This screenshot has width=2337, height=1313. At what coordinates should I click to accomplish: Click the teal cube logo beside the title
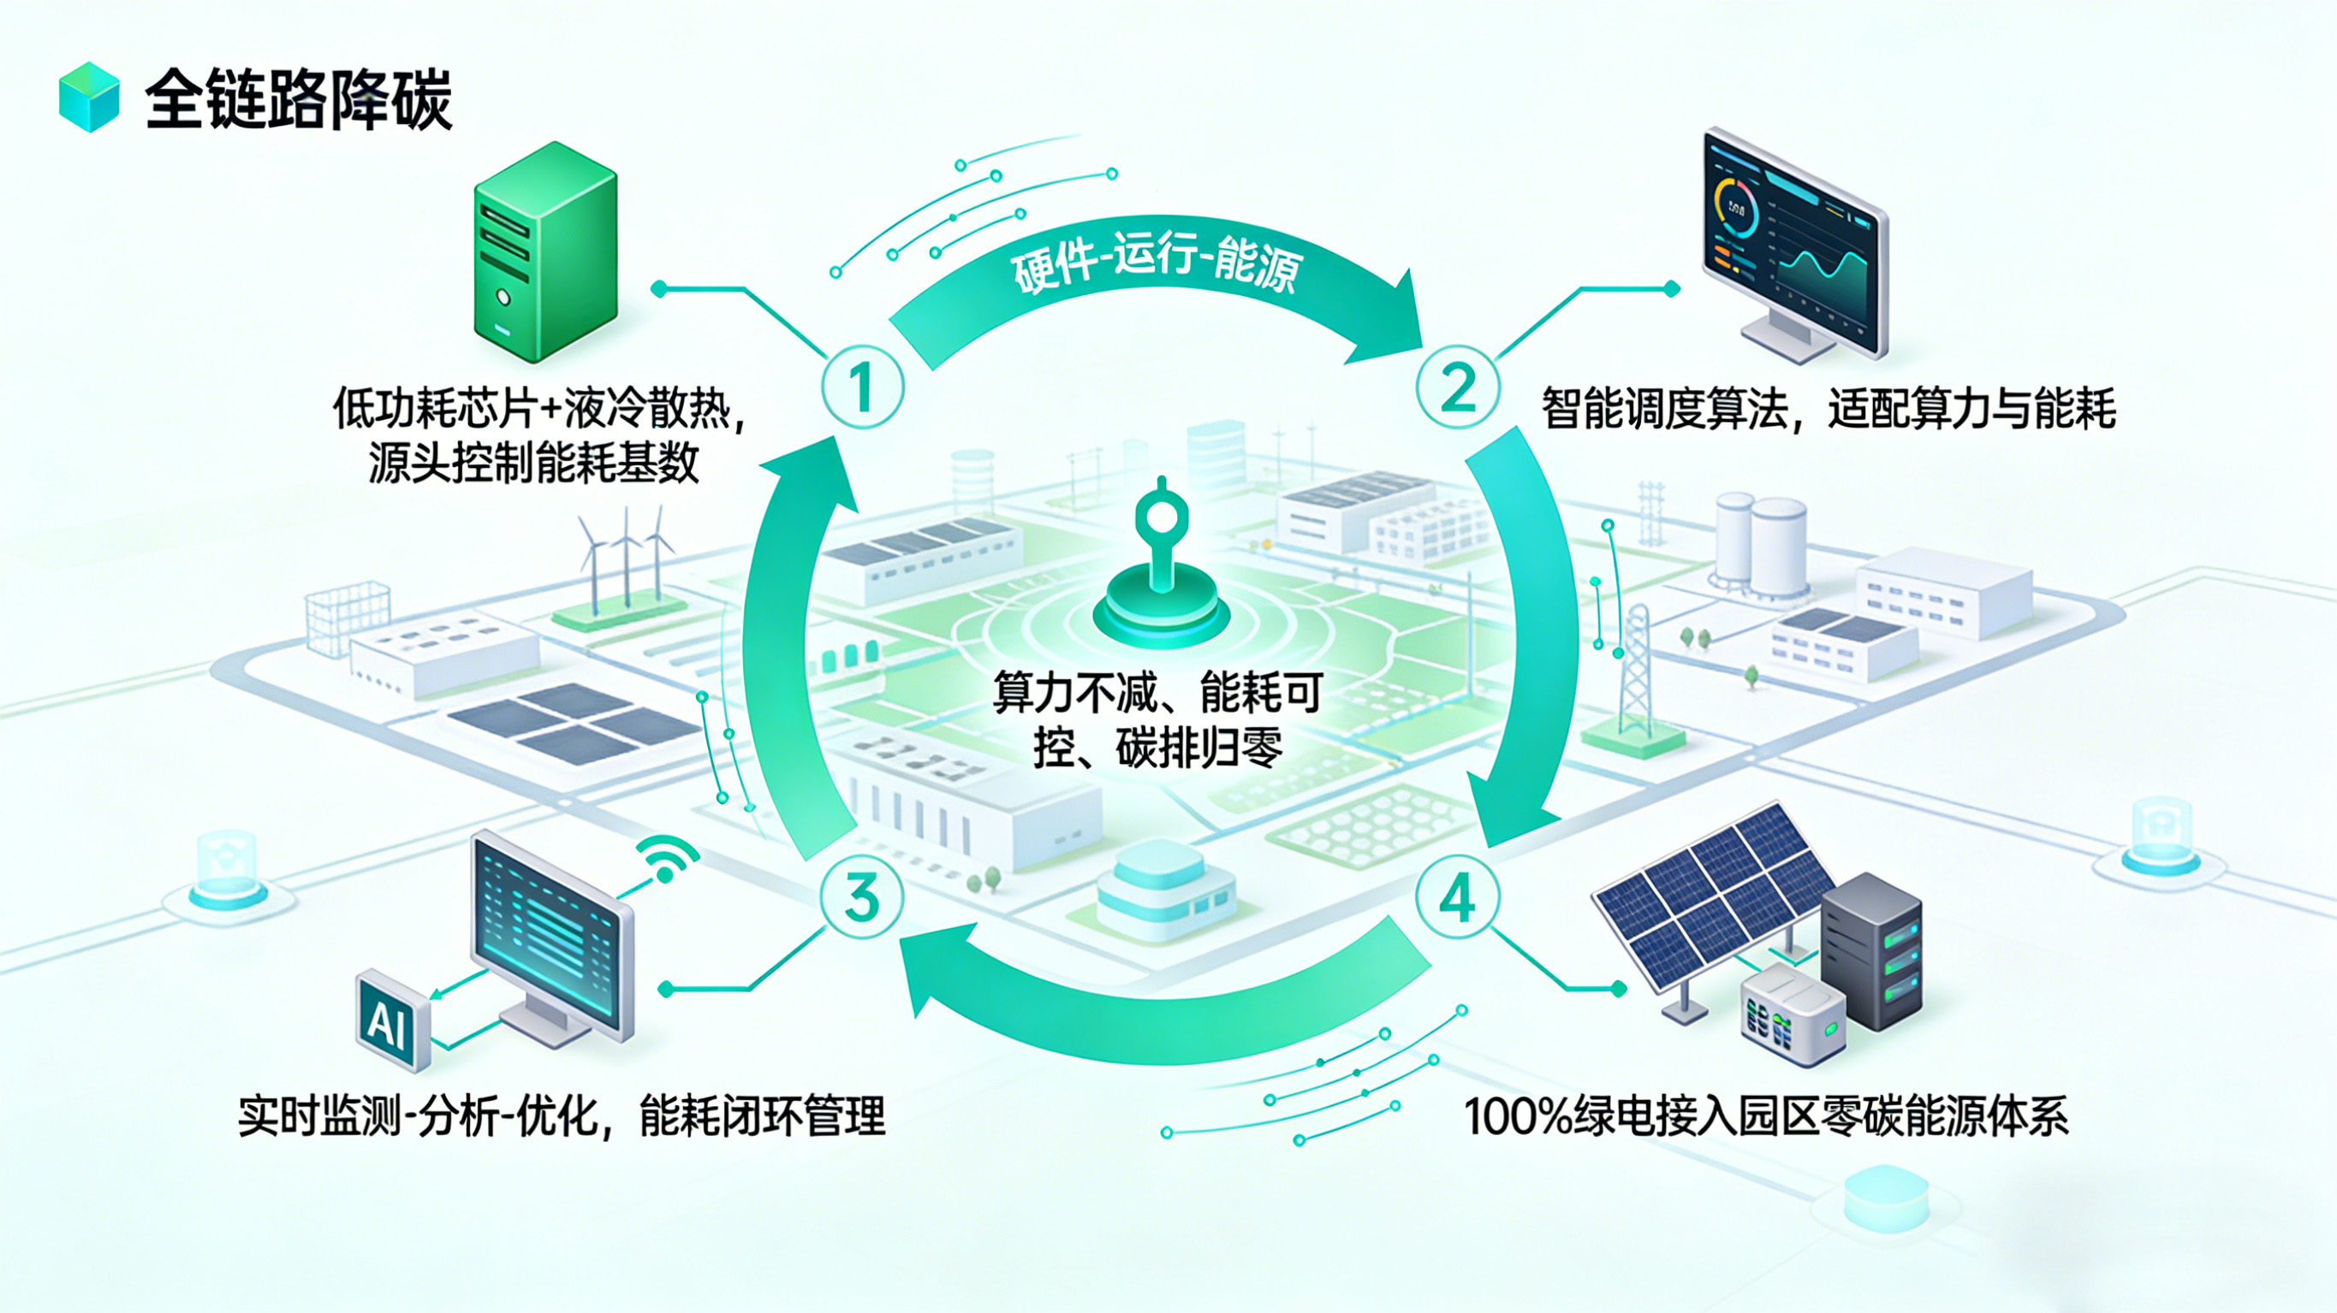pos(89,97)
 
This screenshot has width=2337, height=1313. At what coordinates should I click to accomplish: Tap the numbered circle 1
pos(862,387)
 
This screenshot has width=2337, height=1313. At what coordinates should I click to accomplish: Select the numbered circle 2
pos(1458,387)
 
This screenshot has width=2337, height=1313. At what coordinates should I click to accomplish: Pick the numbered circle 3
pos(862,897)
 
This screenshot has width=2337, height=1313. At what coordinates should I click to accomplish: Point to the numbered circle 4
pos(1458,897)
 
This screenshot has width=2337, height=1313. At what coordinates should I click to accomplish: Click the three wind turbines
pos(626,558)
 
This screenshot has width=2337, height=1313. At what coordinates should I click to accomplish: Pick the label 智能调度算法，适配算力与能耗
pos(1828,409)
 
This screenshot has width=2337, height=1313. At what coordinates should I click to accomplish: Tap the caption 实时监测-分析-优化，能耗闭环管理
pos(561,1116)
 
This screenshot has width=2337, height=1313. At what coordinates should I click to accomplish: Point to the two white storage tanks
pos(1758,544)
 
